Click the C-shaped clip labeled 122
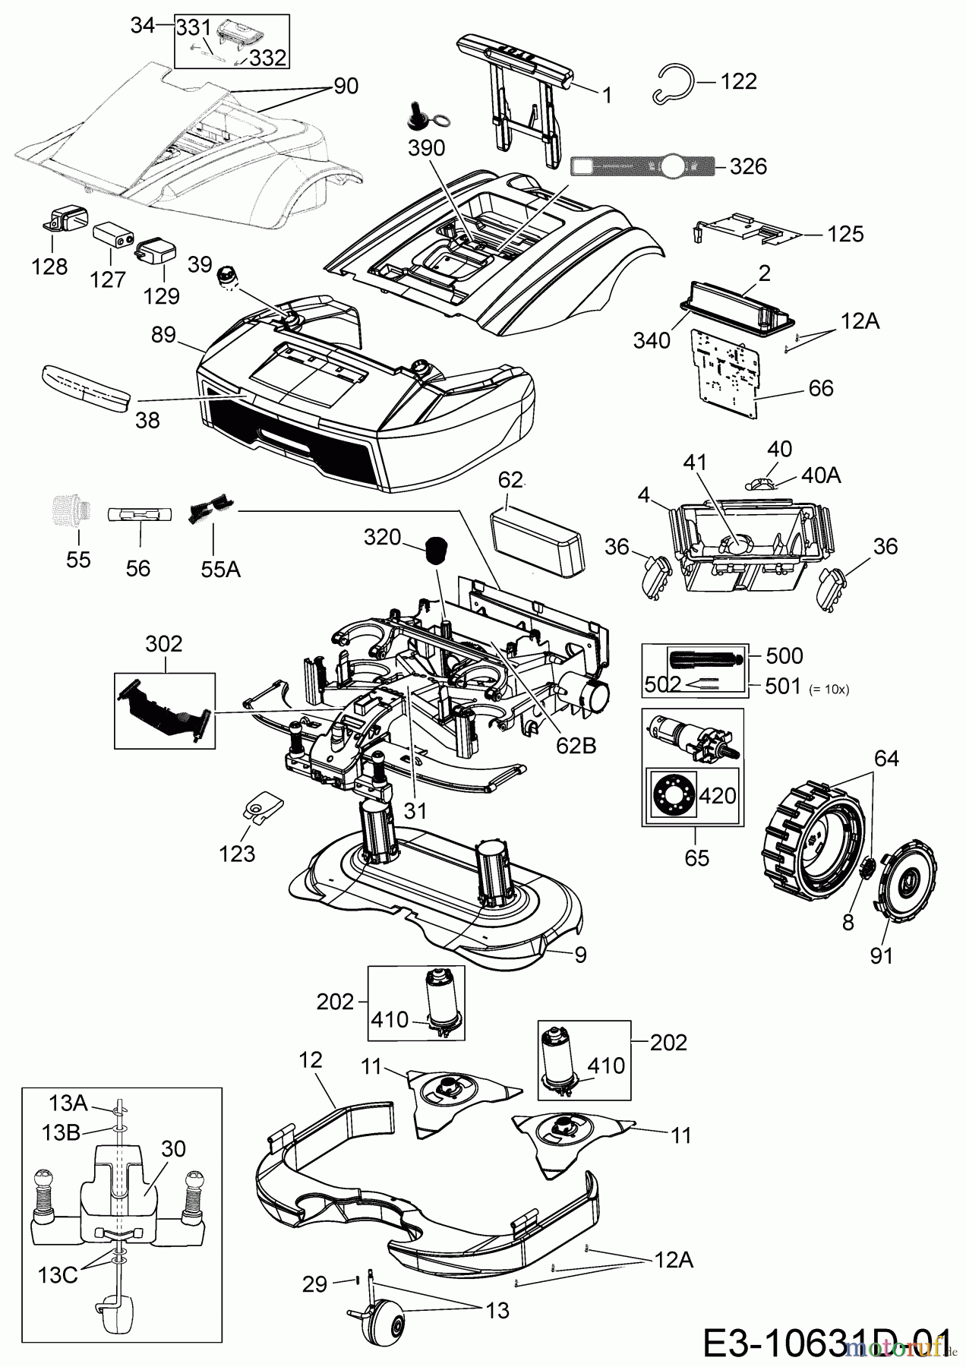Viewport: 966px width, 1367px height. click(x=673, y=84)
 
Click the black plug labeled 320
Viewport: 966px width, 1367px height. click(x=435, y=549)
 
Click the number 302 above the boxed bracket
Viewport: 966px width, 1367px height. click(x=164, y=643)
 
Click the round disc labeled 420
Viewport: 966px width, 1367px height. click(x=671, y=794)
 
